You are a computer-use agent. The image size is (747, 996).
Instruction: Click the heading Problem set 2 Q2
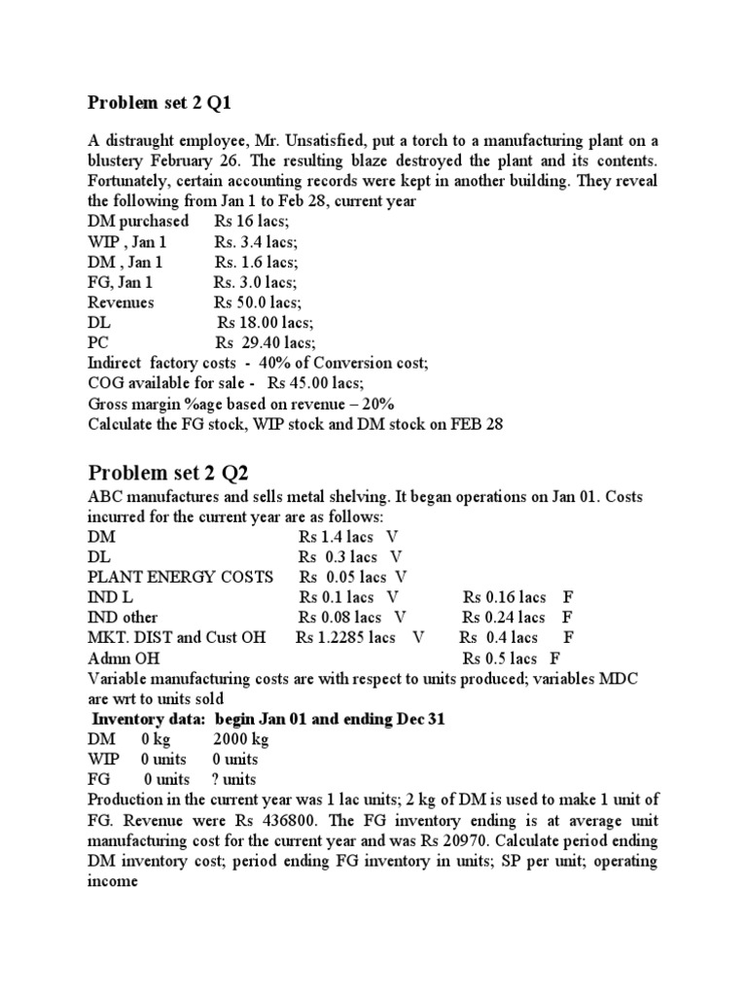coord(168,473)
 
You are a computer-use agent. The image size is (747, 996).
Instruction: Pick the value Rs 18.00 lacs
coord(265,323)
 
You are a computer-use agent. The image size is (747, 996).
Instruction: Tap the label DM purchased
coord(138,221)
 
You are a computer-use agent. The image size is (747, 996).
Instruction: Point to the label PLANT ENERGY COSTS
coord(180,577)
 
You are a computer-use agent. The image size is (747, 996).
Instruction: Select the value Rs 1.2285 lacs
coord(345,638)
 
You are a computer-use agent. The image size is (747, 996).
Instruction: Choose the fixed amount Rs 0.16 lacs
coord(504,597)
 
